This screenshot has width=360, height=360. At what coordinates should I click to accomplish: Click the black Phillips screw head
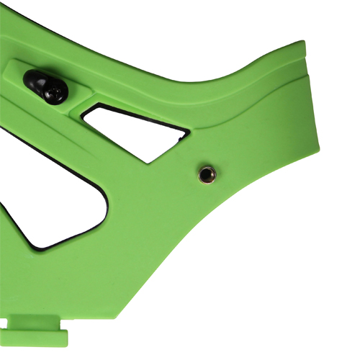tap(55, 91)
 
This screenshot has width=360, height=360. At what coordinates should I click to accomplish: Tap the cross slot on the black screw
tap(55, 92)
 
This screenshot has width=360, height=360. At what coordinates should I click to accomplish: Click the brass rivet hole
tap(206, 173)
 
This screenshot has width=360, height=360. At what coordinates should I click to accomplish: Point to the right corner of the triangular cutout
tap(189, 132)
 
